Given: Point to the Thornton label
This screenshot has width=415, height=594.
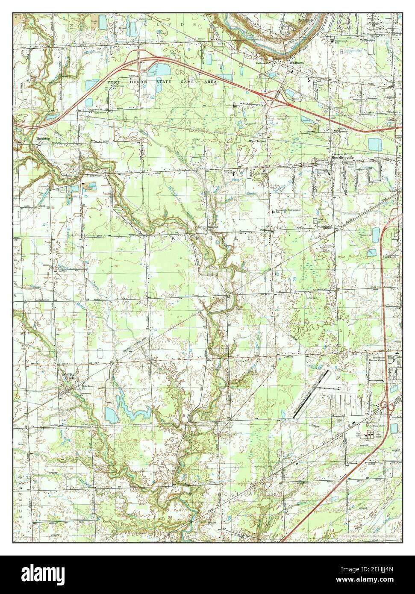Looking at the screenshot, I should click(44, 139).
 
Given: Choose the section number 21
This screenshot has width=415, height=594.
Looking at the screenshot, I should click(176, 266).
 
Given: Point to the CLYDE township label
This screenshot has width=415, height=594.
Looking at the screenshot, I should click(176, 25).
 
